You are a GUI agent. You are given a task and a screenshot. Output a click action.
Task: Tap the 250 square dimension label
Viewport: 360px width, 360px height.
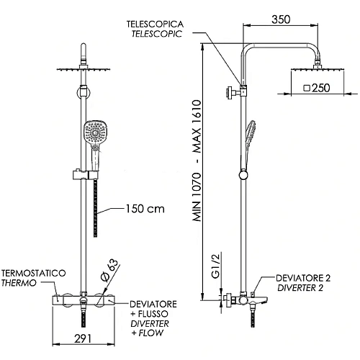click(x=320, y=89)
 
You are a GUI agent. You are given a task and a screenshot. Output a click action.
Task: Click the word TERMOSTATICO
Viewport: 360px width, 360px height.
click(x=35, y=274)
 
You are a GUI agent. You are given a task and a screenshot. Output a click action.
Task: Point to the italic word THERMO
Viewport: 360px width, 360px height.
click(x=19, y=284)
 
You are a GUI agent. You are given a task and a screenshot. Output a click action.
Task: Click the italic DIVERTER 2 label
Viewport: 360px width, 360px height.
click(x=304, y=288)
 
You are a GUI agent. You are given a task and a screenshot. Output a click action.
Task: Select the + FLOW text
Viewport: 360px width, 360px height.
click(x=146, y=334)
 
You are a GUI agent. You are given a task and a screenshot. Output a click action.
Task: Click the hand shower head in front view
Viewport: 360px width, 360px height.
click(x=94, y=132)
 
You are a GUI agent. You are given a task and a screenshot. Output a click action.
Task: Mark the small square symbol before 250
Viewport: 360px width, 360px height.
click(x=307, y=89)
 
